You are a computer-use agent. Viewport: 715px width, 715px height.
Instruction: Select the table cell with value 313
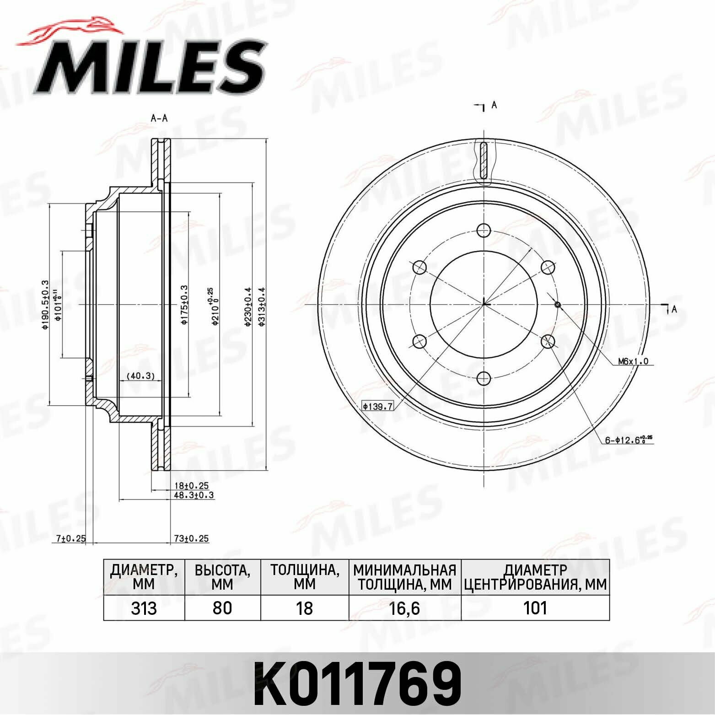144,608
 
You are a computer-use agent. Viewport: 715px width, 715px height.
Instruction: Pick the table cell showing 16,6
404,608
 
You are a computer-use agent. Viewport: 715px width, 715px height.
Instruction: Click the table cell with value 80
222,608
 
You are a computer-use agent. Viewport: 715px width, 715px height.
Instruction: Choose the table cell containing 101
535,608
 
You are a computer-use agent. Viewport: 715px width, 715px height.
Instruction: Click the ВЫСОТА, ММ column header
222,577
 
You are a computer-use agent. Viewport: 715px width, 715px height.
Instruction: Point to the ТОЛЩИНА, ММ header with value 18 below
304,577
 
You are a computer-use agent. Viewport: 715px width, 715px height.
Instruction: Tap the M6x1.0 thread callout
633,361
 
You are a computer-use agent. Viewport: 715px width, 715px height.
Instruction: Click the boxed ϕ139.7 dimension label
378,406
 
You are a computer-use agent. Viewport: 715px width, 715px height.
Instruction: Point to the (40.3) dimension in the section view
140,376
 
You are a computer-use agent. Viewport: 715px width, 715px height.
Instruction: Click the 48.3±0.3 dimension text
194,495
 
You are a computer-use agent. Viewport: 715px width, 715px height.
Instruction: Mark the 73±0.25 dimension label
191,538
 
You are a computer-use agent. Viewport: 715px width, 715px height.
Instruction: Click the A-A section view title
159,118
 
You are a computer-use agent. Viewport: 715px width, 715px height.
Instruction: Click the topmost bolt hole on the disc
484,230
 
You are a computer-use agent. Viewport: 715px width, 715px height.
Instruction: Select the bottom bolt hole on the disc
484,378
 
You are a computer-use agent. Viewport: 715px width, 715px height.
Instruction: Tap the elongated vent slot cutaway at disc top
484,160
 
